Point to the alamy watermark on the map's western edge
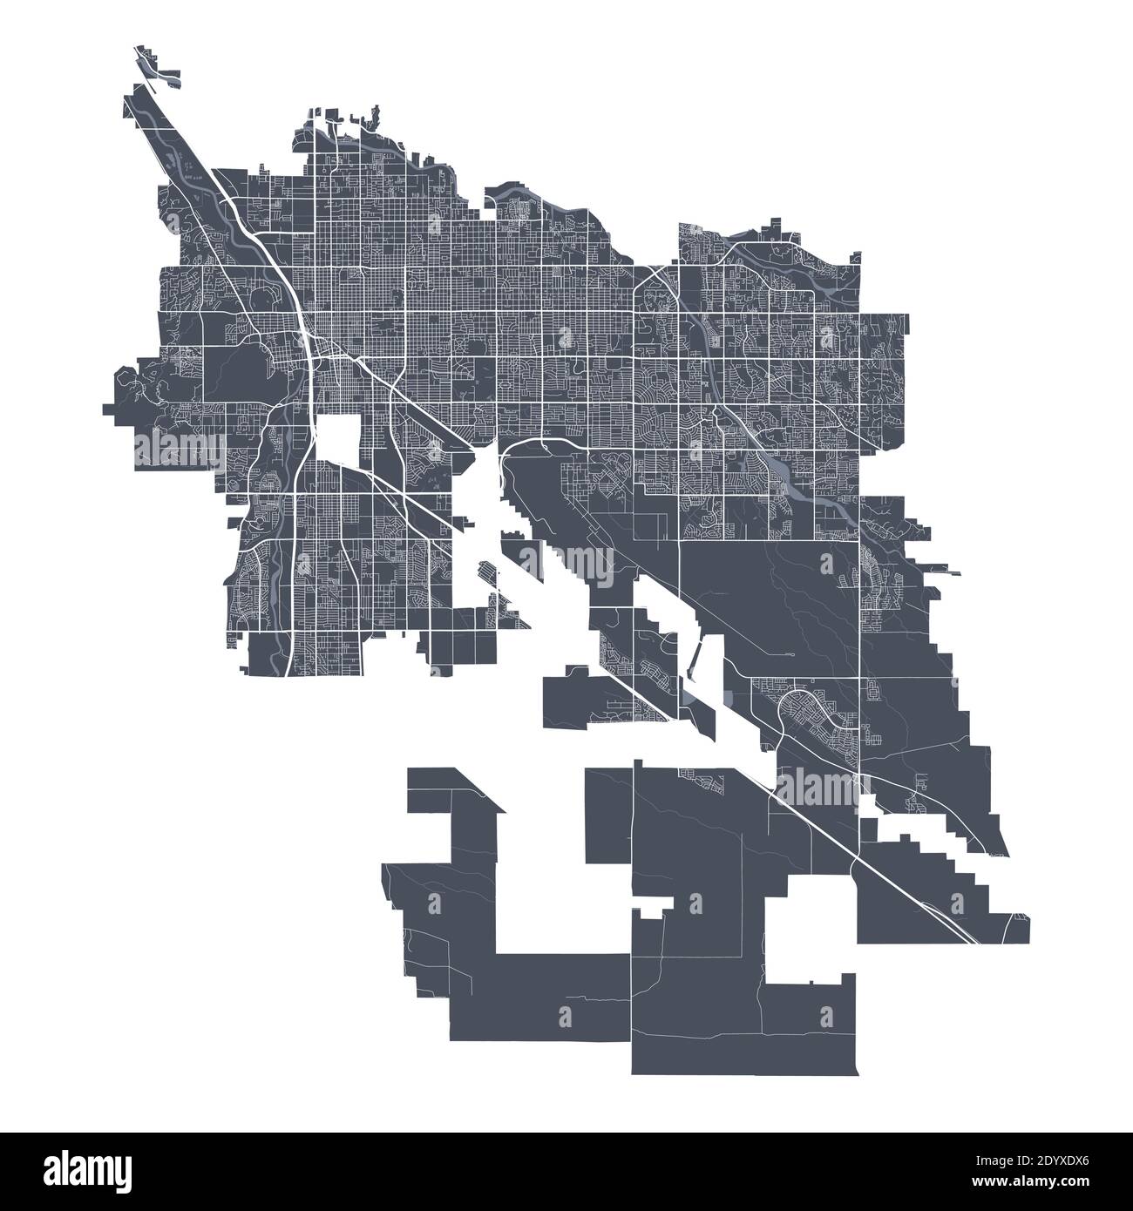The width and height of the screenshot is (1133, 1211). pyautogui.click(x=179, y=447)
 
